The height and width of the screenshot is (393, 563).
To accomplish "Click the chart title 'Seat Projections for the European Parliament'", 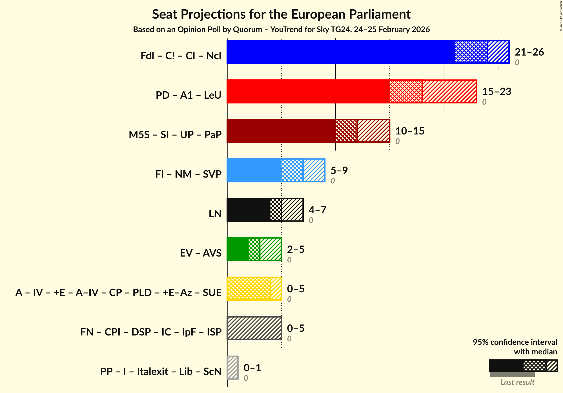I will coord(281,14).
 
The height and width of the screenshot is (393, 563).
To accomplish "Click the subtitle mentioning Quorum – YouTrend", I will coord(281,30).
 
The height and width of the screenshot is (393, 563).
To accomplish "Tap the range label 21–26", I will coord(529,52).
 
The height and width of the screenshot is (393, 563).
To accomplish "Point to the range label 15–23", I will coord(496,92).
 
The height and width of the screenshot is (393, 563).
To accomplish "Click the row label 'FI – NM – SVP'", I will coord(188,174).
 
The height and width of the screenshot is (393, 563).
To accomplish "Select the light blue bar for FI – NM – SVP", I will coord(254,170).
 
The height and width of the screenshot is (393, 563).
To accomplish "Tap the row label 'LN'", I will coord(215,213).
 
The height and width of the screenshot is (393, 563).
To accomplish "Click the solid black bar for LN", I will coord(248,210).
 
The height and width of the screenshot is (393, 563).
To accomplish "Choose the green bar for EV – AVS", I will coord(238,249).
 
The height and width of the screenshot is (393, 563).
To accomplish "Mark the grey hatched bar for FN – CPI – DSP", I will coord(254,328).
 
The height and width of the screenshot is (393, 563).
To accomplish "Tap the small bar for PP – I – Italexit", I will coord(233,368).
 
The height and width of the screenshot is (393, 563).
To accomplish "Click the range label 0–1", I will coord(252,368).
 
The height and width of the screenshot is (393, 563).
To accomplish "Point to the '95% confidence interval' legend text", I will coord(515,342).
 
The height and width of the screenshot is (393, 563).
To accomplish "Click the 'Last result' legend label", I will coord(517,382).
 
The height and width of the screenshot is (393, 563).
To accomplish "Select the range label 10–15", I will coord(410,131).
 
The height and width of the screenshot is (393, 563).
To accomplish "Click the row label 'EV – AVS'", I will coord(201,253).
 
